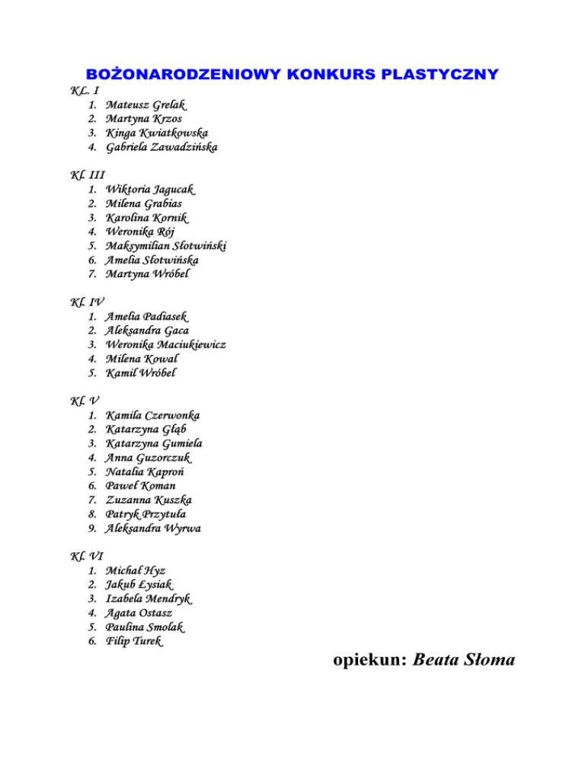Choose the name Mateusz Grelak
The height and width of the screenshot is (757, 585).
pos(146,104)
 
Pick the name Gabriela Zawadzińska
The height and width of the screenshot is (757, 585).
pos(161,148)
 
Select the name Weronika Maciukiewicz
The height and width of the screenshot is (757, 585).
pos(166,345)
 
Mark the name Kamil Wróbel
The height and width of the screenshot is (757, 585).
pos(142,374)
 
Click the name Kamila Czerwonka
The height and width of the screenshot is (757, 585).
pos(154,415)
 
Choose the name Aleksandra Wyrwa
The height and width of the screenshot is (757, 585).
pos(154,528)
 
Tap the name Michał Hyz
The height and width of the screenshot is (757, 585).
pos(136,570)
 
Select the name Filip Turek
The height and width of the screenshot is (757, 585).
pos(133,642)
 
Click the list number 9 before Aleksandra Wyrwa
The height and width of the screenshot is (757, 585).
pos(91,528)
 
